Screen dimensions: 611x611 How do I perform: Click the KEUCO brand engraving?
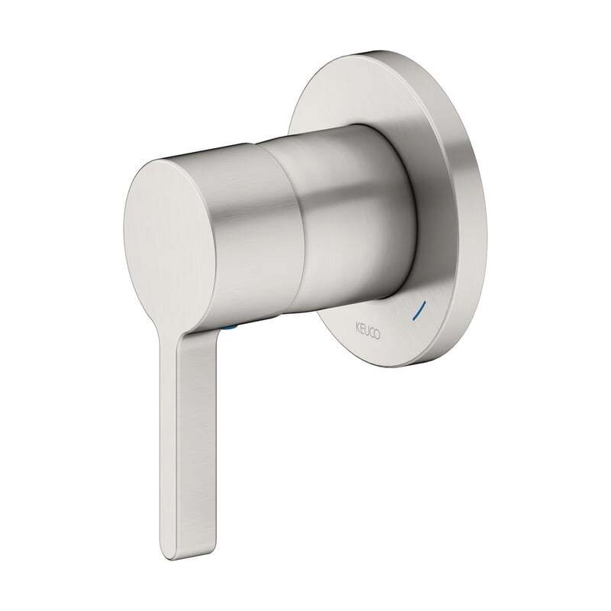tap(367, 331)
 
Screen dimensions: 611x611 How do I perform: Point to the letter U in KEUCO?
tap(367, 331)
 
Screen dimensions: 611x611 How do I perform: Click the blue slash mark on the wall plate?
tap(419, 310)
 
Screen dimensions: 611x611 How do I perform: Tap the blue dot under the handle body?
tap(231, 328)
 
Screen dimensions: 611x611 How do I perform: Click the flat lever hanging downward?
tap(187, 445)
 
